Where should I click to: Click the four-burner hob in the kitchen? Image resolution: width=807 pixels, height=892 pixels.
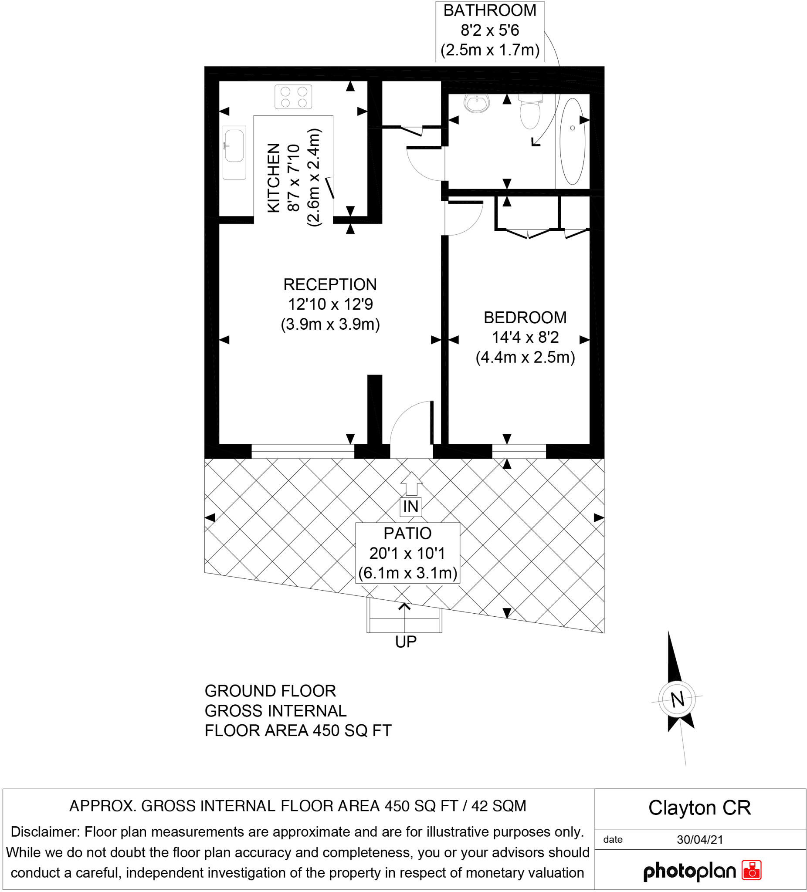pyautogui.click(x=293, y=97)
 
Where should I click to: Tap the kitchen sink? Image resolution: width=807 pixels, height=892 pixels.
pyautogui.click(x=234, y=152)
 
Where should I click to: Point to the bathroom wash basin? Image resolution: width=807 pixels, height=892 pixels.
pyautogui.click(x=477, y=104)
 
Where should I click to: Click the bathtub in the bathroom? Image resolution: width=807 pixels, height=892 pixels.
pyautogui.click(x=573, y=141)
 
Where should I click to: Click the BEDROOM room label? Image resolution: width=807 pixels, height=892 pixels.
pyautogui.click(x=525, y=317)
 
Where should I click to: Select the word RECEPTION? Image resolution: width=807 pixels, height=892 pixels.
pyautogui.click(x=330, y=284)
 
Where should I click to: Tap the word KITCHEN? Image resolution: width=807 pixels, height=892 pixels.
pyautogui.click(x=274, y=177)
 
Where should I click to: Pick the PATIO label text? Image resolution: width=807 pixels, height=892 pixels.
pyautogui.click(x=407, y=533)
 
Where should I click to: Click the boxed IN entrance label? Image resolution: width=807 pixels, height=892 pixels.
pyautogui.click(x=410, y=507)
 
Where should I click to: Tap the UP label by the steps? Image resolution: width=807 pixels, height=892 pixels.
pyautogui.click(x=406, y=642)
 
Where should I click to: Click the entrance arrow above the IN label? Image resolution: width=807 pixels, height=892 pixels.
pyautogui.click(x=411, y=483)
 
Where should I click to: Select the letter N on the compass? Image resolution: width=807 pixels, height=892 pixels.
pyautogui.click(x=677, y=699)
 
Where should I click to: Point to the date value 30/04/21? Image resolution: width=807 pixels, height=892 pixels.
pyautogui.click(x=700, y=839)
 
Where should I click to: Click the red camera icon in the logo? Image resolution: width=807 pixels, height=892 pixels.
pyautogui.click(x=752, y=870)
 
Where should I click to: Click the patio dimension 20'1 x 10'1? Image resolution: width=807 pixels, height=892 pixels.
pyautogui.click(x=407, y=553)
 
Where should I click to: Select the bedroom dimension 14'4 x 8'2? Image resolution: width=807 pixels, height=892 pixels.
pyautogui.click(x=525, y=337)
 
